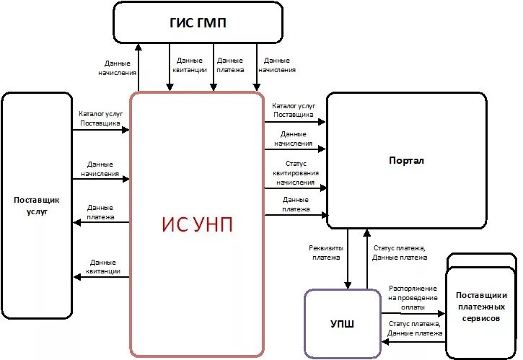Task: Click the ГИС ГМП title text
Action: [x=197, y=23]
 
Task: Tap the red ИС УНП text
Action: [x=197, y=224]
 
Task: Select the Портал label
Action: [x=406, y=160]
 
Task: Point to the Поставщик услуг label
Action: [x=36, y=206]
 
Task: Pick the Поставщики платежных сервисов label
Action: [x=482, y=307]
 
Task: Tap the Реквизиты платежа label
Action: [x=326, y=252]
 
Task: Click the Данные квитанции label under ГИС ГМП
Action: [x=192, y=66]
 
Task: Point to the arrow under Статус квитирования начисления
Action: [x=295, y=188]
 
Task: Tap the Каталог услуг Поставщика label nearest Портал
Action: [x=292, y=110]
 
